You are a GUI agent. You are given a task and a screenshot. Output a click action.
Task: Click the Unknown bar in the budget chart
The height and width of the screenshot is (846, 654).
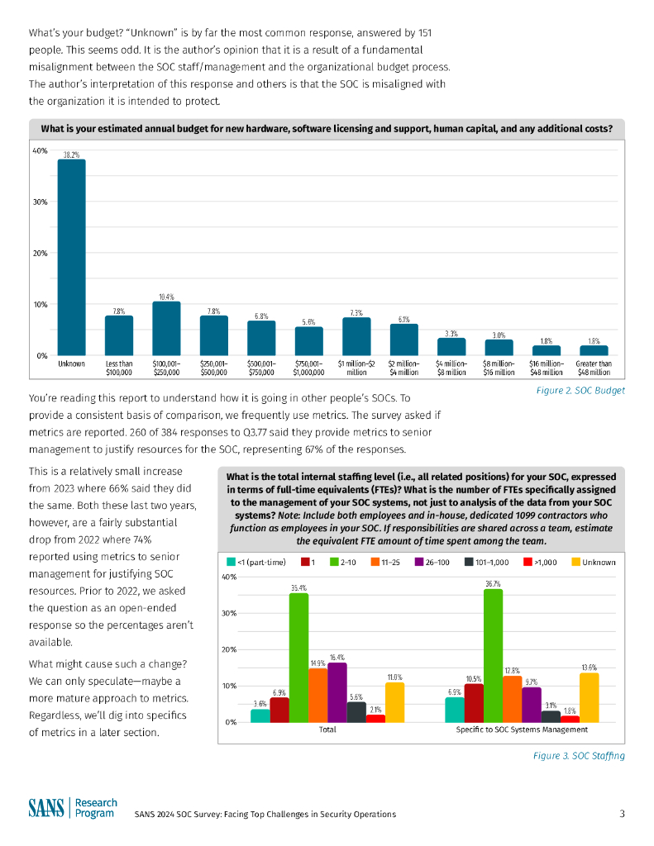click(x=71, y=257)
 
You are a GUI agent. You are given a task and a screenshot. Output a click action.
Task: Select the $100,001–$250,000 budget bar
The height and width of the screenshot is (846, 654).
click(x=166, y=328)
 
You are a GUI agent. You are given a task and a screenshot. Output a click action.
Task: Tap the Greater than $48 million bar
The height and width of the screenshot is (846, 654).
click(x=593, y=350)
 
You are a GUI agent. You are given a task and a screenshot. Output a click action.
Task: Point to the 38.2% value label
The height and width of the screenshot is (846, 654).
click(x=71, y=154)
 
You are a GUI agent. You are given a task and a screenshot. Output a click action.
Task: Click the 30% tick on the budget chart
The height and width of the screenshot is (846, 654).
click(x=40, y=202)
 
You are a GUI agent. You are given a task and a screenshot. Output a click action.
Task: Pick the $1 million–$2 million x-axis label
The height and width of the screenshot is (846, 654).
click(x=356, y=368)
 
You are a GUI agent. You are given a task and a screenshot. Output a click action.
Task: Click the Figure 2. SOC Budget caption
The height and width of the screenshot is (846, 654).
click(x=580, y=390)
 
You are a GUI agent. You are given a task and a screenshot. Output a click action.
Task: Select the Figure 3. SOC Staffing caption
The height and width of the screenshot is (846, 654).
click(x=579, y=756)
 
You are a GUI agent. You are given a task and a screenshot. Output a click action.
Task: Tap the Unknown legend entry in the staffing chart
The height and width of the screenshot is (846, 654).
click(x=593, y=563)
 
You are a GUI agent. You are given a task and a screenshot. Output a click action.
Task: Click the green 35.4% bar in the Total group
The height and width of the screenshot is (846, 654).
click(x=298, y=658)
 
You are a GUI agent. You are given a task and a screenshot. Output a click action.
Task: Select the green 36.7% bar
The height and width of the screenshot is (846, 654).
click(x=493, y=655)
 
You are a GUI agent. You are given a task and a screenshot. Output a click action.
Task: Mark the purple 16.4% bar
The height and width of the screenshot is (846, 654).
click(x=337, y=692)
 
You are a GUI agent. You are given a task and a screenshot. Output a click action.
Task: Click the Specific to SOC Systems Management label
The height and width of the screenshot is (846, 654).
click(x=522, y=730)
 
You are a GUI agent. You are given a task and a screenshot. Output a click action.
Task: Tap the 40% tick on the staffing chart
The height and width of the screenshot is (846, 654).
click(x=232, y=577)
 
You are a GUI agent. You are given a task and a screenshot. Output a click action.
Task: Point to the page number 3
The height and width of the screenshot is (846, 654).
click(x=622, y=814)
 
